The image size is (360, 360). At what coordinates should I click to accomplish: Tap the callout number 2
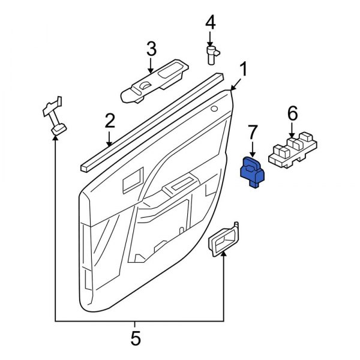pos(109,122)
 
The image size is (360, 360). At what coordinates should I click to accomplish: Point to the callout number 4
pos(210,23)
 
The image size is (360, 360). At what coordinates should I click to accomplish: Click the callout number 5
pos(136,338)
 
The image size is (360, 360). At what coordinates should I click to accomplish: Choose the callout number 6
pos(292,113)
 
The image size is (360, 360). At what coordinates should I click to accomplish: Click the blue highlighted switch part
pos(252,173)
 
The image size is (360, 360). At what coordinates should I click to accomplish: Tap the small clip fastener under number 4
pos(212,55)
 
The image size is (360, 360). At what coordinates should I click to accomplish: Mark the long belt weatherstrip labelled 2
pos(150,120)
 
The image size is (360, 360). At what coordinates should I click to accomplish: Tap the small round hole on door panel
pos(214,109)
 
